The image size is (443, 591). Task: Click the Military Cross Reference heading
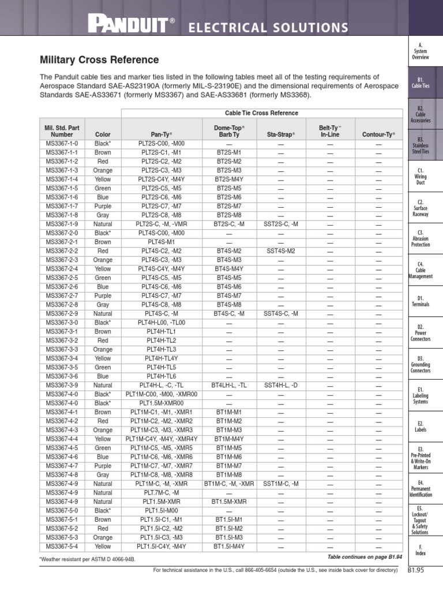click(99, 60)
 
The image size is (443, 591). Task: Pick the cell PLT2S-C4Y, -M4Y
click(161, 179)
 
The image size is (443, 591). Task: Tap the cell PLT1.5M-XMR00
click(161, 403)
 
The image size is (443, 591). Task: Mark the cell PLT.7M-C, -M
click(161, 492)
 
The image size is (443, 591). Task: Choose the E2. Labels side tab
click(420, 427)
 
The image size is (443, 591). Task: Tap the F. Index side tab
click(420, 549)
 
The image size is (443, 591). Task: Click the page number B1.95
click(415, 571)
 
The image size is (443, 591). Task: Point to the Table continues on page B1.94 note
click(363, 557)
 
